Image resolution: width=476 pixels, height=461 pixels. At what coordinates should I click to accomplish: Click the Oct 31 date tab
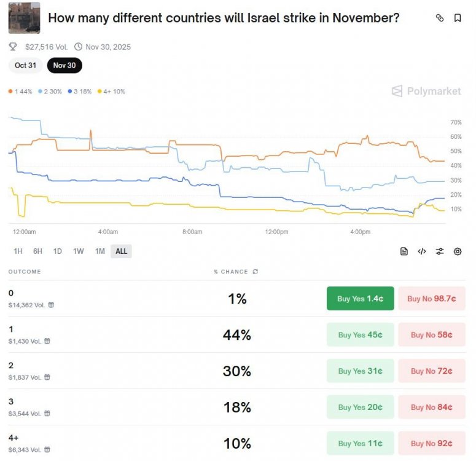(x=26, y=65)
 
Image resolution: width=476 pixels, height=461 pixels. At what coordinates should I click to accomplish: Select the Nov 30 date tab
(x=64, y=65)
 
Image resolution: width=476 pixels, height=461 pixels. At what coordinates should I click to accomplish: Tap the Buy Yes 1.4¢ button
(x=360, y=298)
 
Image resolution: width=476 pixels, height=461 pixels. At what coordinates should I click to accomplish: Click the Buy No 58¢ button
(x=431, y=334)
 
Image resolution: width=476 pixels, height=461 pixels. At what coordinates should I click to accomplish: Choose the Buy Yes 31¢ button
(x=360, y=371)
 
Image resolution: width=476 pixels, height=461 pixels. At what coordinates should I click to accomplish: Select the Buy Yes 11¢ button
(x=360, y=443)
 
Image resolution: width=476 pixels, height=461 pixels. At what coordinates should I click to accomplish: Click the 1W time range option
(x=79, y=251)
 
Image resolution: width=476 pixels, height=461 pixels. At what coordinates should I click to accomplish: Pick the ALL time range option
(x=121, y=251)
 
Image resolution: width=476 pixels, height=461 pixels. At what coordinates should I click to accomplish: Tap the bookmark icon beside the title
(x=458, y=18)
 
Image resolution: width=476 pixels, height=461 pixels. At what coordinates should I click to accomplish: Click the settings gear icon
(x=458, y=251)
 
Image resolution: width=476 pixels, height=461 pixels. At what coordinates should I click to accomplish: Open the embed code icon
(x=422, y=251)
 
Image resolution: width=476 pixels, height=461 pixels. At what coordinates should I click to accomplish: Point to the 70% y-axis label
(x=456, y=122)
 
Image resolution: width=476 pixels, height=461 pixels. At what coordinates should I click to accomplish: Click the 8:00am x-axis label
(x=192, y=232)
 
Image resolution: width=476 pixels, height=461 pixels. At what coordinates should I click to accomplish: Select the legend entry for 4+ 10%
(x=111, y=92)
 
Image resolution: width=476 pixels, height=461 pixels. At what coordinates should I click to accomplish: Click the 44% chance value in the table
(x=237, y=335)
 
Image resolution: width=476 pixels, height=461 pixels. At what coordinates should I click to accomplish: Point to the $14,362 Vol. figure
(x=26, y=305)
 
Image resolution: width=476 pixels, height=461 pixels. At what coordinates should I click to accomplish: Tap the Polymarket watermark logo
(x=426, y=91)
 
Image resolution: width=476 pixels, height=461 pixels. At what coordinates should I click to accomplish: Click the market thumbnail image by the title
(x=25, y=18)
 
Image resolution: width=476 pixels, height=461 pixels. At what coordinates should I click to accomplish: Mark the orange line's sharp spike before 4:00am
(x=90, y=131)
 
